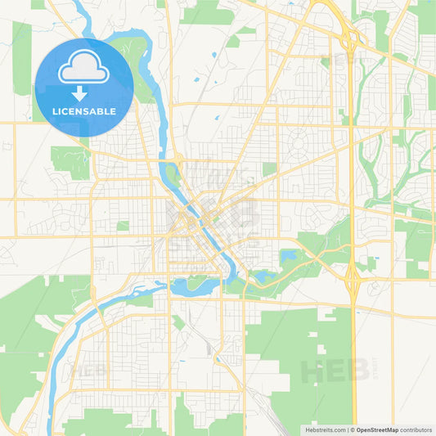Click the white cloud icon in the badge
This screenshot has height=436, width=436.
click(x=84, y=67)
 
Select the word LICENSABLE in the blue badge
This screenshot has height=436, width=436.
click(x=84, y=111)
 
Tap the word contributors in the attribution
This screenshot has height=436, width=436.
click(x=414, y=429)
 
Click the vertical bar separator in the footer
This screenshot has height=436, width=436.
click(x=350, y=429)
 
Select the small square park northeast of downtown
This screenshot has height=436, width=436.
click(x=269, y=169)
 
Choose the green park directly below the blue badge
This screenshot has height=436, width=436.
click(x=70, y=161)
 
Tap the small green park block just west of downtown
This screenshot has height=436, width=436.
click(x=123, y=226)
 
